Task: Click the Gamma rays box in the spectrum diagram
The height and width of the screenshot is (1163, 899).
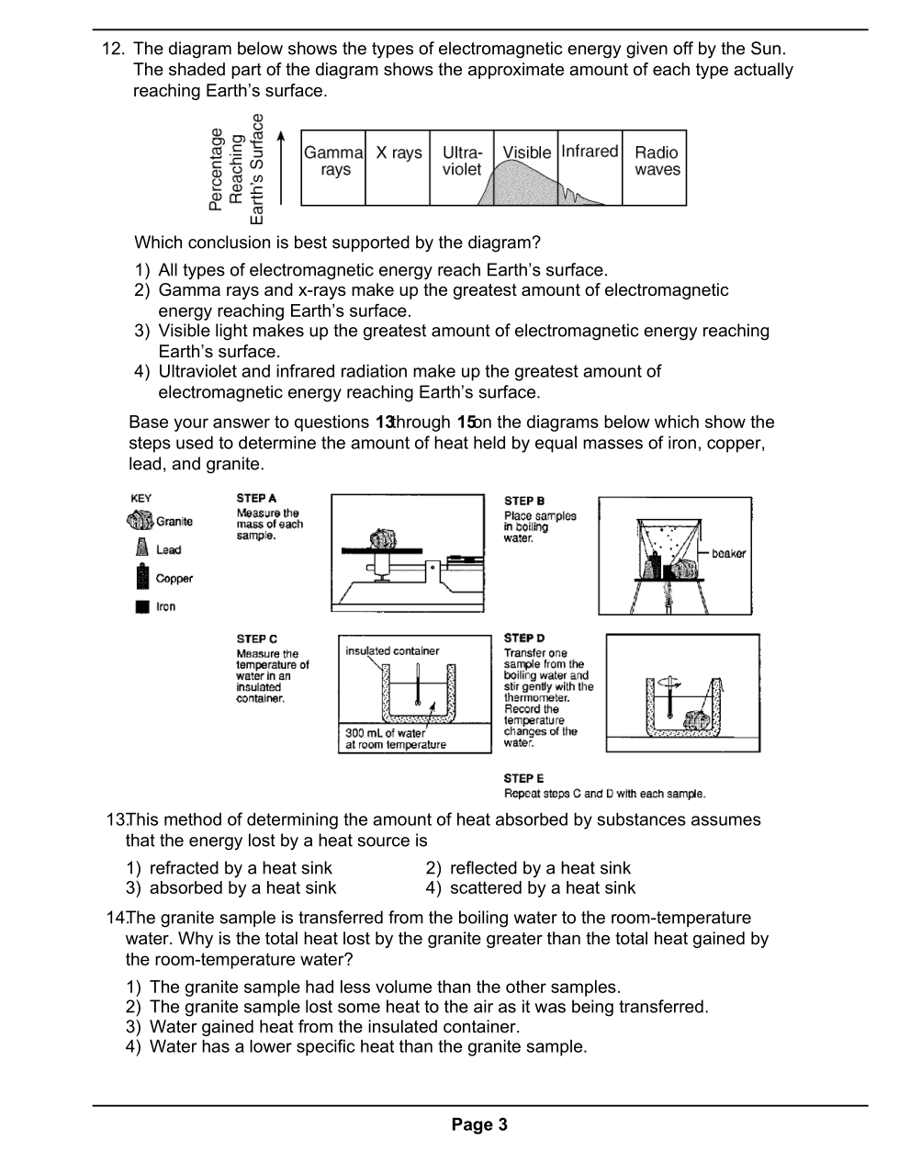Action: coord(333,166)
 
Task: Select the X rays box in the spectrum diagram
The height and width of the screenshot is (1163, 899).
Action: coord(399,166)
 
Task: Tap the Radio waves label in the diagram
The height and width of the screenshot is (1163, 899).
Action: coord(657,161)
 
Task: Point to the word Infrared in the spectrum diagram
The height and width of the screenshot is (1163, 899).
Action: coord(590,152)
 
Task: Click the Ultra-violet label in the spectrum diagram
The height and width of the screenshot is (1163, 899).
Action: coord(462,161)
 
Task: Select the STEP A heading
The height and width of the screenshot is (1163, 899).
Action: coord(256,498)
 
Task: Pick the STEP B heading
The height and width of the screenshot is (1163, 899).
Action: coord(524,501)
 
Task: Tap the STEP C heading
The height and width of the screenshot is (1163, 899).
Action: coord(256,638)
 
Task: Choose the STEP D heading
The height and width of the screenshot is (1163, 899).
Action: coord(524,638)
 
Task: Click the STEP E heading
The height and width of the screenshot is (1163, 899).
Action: coord(523,778)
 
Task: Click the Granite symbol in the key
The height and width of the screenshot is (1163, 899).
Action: coord(140,521)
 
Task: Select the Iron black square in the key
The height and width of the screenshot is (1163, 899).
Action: coord(141,606)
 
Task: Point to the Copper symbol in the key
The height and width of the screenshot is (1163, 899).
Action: coord(141,577)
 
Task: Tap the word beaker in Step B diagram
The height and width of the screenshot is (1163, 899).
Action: coord(728,554)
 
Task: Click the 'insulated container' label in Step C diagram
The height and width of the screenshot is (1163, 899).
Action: coord(392,651)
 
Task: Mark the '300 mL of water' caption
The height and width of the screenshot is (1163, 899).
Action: coord(386,733)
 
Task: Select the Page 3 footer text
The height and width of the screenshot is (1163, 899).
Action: coord(478,1124)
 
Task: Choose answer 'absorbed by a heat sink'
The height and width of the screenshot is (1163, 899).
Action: coord(242,888)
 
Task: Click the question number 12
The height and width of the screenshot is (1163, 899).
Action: coord(113,49)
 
